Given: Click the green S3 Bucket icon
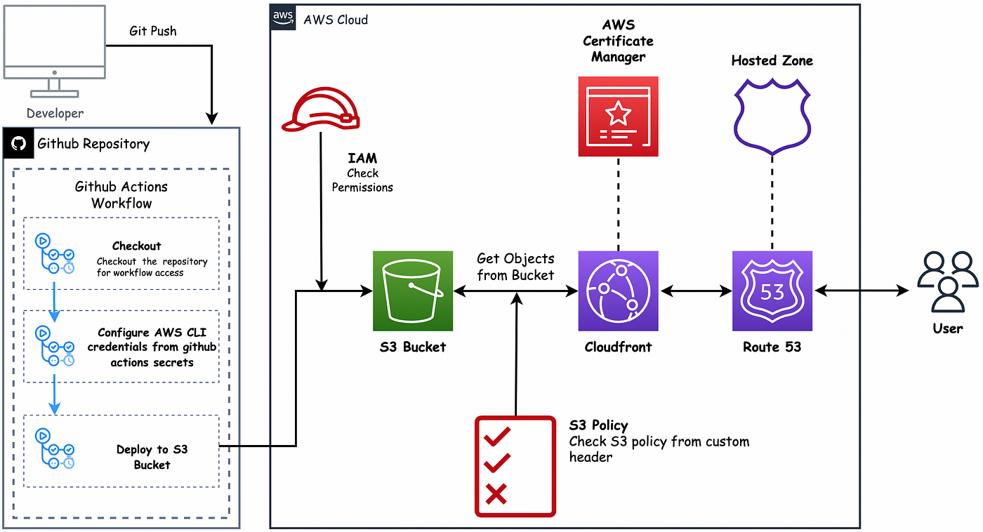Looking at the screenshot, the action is click(413, 291).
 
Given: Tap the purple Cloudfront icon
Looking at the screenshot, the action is click(618, 291).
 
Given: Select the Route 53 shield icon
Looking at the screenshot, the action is click(772, 291).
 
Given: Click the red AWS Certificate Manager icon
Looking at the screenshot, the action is click(618, 117).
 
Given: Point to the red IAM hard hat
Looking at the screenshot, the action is click(321, 109).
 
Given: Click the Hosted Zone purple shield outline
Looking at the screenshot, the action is click(772, 117).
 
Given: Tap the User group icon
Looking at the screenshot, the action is click(947, 281).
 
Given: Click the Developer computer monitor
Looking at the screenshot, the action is click(55, 51).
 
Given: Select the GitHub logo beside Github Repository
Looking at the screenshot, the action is click(18, 143).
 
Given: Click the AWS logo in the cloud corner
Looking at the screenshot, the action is click(282, 17).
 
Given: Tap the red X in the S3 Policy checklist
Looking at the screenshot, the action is click(496, 494).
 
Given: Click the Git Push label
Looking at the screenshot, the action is click(153, 31).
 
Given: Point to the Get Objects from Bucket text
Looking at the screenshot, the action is click(515, 267).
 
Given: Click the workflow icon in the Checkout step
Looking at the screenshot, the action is click(55, 253).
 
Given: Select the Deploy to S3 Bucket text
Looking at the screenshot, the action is click(152, 457).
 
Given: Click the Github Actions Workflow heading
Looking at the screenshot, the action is click(121, 194).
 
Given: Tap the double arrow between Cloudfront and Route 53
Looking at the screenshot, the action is click(696, 291).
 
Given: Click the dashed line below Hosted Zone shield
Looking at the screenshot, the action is click(772, 203).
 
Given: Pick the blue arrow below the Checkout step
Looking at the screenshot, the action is click(55, 302).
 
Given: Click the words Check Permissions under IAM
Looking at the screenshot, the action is click(362, 180).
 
